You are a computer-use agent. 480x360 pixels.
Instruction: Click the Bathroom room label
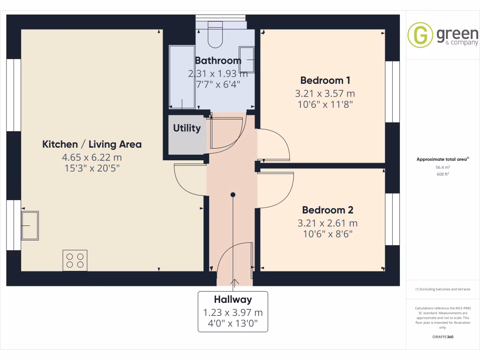tap(217, 60)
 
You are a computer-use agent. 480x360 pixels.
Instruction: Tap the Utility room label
tap(187, 128)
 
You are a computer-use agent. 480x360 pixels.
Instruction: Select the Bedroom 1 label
tap(325, 80)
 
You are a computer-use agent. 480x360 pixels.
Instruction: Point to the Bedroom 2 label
tap(327, 210)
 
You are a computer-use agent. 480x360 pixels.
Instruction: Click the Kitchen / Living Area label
tap(92, 144)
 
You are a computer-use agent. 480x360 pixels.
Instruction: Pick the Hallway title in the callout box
tap(233, 300)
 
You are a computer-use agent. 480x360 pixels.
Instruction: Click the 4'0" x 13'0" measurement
tap(233, 323)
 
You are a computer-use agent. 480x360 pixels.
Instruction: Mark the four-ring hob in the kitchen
tap(75, 261)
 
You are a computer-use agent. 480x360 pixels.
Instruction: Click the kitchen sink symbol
tap(30, 225)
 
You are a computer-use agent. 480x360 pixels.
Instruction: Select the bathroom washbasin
tap(247, 59)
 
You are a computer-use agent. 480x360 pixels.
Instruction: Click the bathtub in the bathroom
tap(182, 77)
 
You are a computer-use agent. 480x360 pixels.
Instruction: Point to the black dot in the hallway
tap(232, 194)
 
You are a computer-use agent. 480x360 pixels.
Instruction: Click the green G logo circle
tap(420, 35)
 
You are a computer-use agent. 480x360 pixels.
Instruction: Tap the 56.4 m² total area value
tap(443, 167)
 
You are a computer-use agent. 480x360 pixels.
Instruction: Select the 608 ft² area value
tap(443, 174)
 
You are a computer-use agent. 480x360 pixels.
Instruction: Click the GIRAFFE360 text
tap(443, 337)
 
